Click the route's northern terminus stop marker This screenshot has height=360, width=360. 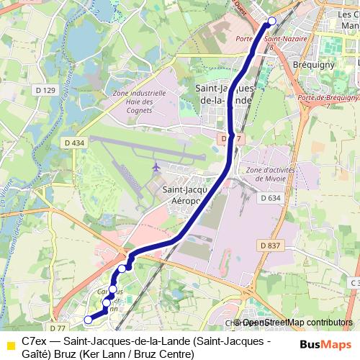point(272,21)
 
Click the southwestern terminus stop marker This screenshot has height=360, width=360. point(88,320)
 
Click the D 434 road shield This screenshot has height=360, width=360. point(73,143)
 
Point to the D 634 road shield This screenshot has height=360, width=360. point(270,197)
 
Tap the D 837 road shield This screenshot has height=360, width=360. point(270,246)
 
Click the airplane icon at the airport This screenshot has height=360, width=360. point(157,167)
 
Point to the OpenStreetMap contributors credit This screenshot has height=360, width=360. point(297,323)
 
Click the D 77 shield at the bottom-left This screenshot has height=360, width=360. point(58,318)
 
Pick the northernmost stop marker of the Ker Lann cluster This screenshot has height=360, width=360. point(122,268)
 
